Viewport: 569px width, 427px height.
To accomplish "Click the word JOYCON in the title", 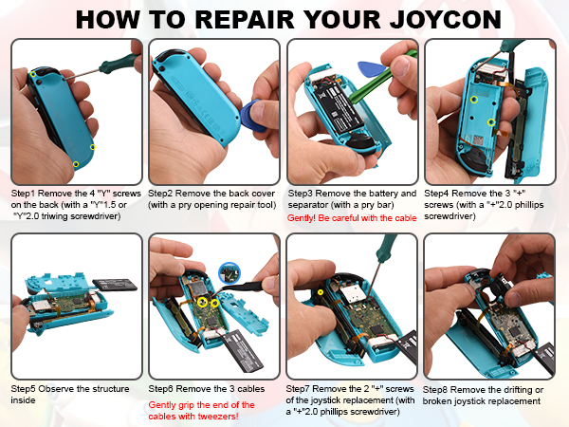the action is click(x=446, y=20).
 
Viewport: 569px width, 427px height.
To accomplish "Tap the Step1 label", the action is click(x=23, y=194).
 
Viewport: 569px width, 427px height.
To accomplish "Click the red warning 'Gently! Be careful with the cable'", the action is click(x=352, y=218).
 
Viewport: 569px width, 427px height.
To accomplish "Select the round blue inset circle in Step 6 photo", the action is click(x=229, y=272).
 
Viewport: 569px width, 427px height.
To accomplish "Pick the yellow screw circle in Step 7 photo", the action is click(x=321, y=292).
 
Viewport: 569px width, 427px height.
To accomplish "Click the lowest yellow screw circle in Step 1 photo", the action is click(x=76, y=164).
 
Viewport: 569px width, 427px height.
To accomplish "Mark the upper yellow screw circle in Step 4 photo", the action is click(x=474, y=100).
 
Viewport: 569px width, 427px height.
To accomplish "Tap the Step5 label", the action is click(x=24, y=388).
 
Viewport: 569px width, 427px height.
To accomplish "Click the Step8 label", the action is click(x=435, y=390).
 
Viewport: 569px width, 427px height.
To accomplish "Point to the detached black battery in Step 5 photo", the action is click(x=115, y=285).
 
